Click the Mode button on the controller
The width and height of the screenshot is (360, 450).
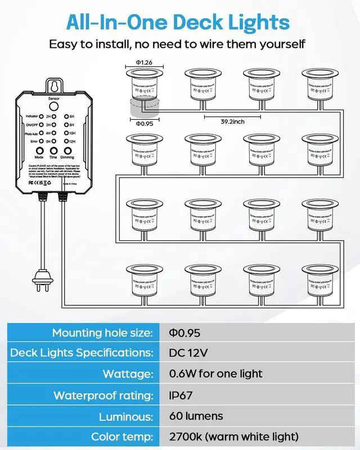39,151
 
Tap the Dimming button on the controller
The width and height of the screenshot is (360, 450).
67,151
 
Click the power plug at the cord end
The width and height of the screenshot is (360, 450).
38,280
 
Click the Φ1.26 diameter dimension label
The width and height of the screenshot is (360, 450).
143,63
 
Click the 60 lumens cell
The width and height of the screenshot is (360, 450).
196,416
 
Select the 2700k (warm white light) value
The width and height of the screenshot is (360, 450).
233,437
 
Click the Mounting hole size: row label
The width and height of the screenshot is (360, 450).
101,332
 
